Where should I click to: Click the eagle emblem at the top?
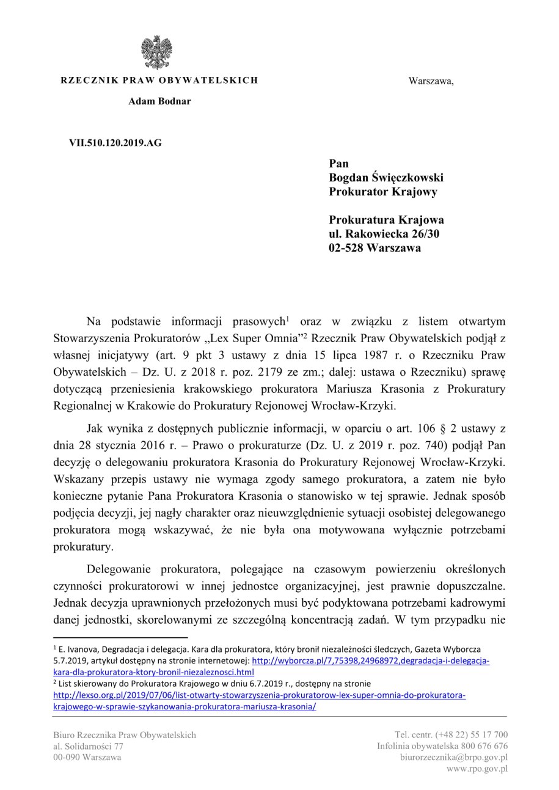coord(156,52)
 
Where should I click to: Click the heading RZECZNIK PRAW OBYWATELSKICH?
coord(159,80)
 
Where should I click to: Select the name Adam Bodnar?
coord(159,101)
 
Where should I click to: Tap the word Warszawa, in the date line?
coord(431,81)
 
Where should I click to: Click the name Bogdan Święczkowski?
coord(386,178)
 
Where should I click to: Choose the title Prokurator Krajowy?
coord(382,192)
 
